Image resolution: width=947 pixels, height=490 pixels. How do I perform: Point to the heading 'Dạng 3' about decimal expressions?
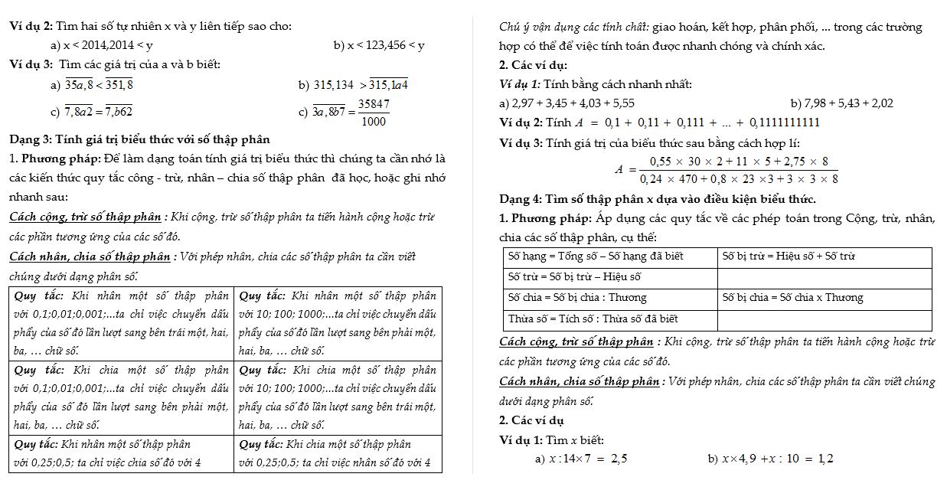click(x=139, y=140)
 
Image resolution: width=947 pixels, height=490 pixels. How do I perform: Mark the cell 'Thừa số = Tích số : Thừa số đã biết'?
click(x=593, y=318)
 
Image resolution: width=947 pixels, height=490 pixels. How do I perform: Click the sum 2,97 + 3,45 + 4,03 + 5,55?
click(x=567, y=103)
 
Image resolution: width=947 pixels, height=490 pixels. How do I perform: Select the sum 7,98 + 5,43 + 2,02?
click(x=841, y=103)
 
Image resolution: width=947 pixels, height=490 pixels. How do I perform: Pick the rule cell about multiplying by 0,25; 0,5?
click(x=122, y=453)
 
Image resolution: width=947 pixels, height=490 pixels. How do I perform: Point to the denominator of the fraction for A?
click(x=739, y=179)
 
